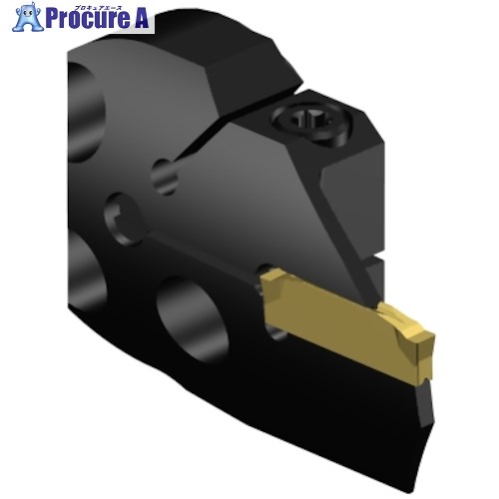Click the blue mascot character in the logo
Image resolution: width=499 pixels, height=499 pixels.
tap(28, 17)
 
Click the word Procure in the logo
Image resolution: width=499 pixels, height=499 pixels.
tap(88, 19)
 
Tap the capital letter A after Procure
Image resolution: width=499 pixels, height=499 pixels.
tap(141, 19)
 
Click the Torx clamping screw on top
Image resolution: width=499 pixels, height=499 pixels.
tap(306, 119)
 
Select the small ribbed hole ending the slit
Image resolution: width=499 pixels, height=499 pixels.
tap(165, 177)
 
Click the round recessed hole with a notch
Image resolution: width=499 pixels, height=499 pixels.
tap(124, 219)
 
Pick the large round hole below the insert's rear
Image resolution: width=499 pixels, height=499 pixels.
tap(192, 319)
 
